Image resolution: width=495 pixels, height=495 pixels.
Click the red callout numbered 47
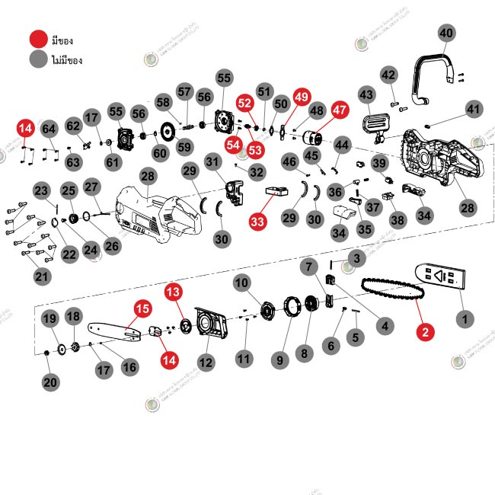coord(340,110)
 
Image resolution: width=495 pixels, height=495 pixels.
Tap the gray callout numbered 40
coord(446,33)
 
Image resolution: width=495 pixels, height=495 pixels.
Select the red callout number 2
coord(425,331)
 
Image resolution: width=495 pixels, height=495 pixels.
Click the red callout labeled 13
coord(174,291)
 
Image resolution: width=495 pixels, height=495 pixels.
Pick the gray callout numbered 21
coord(41,276)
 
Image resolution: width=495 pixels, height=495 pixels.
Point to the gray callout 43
coord(367,94)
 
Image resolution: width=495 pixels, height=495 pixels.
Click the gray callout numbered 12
coord(206,361)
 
